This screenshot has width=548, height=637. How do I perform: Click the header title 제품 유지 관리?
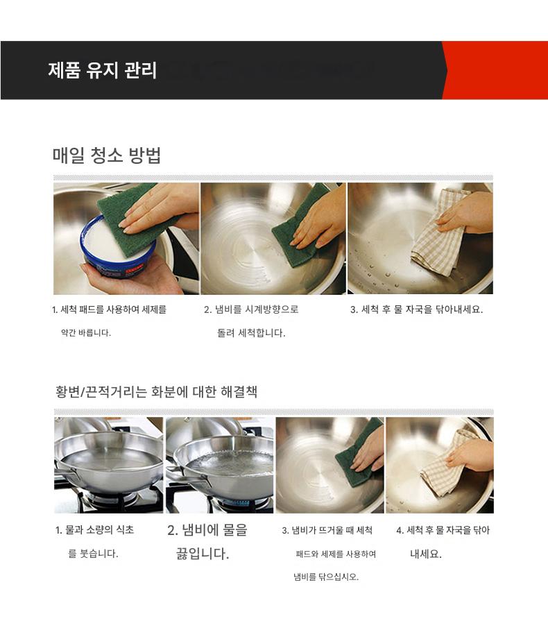(103, 70)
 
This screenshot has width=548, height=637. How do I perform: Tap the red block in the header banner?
(495, 70)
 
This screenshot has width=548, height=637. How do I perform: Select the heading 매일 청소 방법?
(107, 155)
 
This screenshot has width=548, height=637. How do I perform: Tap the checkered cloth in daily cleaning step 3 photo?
(437, 231)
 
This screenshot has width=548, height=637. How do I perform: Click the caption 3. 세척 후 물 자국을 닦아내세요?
(416, 309)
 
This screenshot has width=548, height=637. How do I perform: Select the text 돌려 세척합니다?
(251, 333)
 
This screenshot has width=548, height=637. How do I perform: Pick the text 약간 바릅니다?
(86, 333)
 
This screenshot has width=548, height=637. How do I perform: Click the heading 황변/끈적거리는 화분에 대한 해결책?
(156, 391)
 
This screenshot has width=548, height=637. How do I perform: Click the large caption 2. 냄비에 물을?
(207, 530)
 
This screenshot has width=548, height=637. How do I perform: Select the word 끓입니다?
(203, 553)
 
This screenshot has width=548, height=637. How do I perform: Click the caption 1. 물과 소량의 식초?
(94, 529)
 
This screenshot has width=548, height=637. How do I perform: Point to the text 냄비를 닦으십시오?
(326, 577)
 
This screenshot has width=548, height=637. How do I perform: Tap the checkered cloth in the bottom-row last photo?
(443, 463)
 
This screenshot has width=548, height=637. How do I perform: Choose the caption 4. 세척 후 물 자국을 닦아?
(443, 530)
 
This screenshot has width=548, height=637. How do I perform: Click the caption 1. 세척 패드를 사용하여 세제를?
(110, 309)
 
